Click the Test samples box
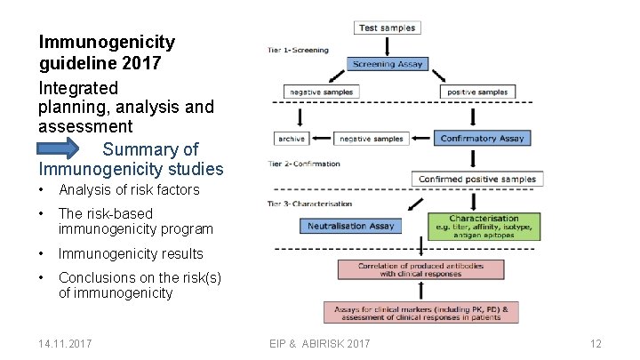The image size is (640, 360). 388,28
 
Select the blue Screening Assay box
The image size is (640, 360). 388,64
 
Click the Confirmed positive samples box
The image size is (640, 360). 477,179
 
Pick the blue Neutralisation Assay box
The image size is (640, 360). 351,226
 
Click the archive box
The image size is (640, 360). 292,139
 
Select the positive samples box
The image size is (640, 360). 478,92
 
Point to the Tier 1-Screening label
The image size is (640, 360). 298,50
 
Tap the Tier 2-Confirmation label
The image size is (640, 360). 304,164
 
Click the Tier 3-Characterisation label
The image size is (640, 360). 309,204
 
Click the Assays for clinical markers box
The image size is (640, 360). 421,312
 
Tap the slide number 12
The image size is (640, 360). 596,343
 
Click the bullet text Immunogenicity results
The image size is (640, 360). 131,254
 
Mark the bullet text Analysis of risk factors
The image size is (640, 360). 129,189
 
